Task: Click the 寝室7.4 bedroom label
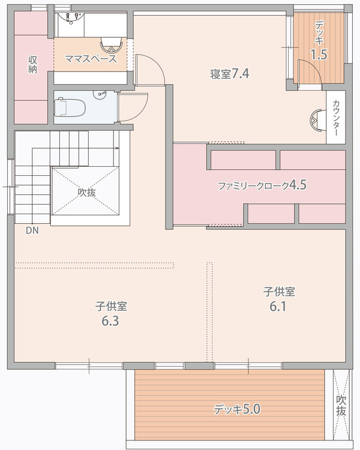[229, 74]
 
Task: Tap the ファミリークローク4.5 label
[262, 185]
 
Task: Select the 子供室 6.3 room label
[110, 313]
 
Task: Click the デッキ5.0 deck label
[236, 410]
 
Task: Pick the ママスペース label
[91, 59]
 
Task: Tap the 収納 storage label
[32, 65]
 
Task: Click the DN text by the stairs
[32, 230]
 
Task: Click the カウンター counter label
[335, 119]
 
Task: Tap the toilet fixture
[69, 107]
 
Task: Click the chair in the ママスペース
[110, 45]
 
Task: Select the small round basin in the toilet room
[101, 94]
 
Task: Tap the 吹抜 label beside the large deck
[341, 405]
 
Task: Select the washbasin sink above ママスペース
[72, 19]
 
